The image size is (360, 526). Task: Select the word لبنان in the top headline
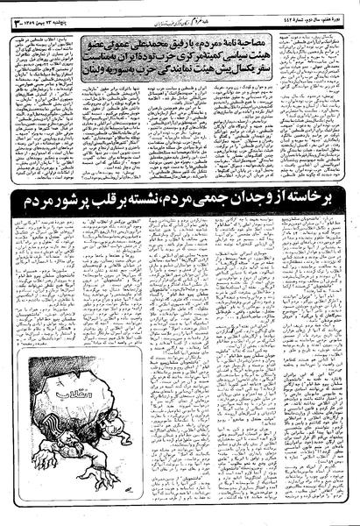[x=98, y=73]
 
